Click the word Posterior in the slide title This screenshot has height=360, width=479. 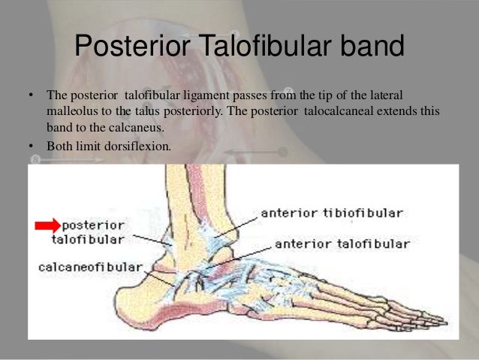point(137,49)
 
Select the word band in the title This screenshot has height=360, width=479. point(372,49)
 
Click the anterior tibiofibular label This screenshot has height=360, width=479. point(331,213)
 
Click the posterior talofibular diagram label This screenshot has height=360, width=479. point(92,232)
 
